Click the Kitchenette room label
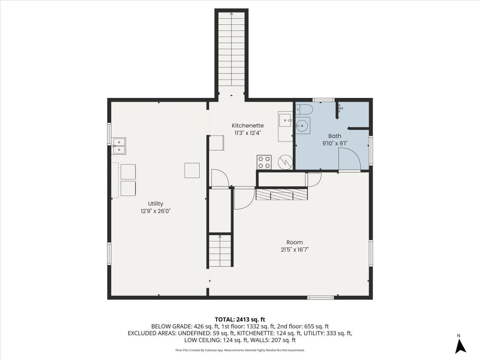pos(247,126)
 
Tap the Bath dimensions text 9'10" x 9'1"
pos(335,143)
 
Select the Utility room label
pos(156,204)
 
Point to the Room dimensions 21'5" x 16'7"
pos(294,249)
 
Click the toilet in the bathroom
pos(304,110)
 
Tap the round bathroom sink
pos(303,126)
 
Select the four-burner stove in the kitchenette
pos(264,162)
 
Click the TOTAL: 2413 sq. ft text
pos(240,320)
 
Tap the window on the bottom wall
pos(321,297)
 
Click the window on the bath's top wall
pos(324,100)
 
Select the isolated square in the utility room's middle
pos(192,171)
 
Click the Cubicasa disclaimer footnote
pos(240,350)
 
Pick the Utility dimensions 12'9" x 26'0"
pos(156,211)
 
